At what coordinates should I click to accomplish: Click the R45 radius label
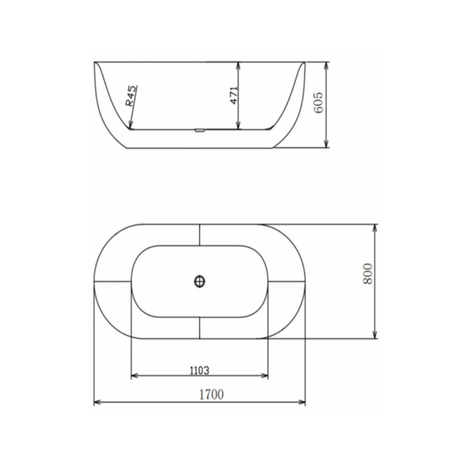point(132,96)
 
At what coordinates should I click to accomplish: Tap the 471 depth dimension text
point(234,95)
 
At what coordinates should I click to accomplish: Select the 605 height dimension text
point(318,102)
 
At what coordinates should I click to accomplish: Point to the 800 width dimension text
point(368,274)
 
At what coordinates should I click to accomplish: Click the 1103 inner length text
point(199,370)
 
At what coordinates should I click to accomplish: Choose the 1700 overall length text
point(211,394)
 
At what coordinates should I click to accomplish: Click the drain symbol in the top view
point(199,281)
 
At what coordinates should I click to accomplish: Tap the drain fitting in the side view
point(200,131)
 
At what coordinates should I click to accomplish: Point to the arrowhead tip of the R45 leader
point(130,129)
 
